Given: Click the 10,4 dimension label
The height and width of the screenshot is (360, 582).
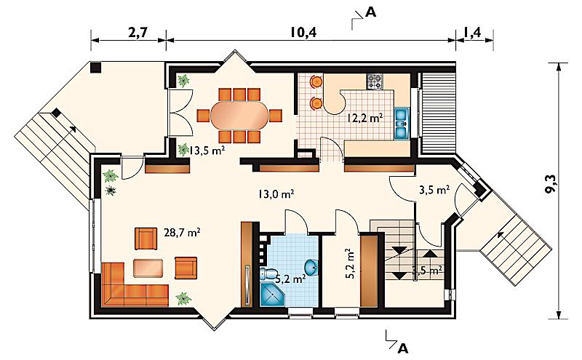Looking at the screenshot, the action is click(x=303, y=32).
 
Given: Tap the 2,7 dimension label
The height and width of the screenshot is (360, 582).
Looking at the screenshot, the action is click(x=137, y=32).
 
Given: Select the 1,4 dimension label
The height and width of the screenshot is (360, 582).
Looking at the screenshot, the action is click(x=471, y=32).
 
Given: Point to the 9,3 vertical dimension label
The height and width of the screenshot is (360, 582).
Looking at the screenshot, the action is click(x=552, y=183).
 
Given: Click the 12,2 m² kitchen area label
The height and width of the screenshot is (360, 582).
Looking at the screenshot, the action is click(x=365, y=118).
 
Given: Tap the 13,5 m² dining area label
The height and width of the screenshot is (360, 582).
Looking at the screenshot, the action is click(x=207, y=151).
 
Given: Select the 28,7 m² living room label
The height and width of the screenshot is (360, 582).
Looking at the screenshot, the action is click(x=183, y=233).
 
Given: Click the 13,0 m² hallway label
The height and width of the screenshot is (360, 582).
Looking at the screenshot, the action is click(x=276, y=193).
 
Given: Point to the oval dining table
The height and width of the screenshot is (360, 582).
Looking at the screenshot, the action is click(x=239, y=116).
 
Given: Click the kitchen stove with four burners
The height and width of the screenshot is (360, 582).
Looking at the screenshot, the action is click(x=375, y=82).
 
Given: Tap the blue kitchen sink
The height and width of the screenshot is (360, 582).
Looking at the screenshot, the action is click(x=402, y=123).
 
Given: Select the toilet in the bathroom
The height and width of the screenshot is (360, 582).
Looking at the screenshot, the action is click(x=268, y=274).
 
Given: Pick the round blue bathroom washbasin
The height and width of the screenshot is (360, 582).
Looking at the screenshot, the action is click(x=311, y=267).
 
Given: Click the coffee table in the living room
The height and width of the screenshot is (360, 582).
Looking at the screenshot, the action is click(x=148, y=268).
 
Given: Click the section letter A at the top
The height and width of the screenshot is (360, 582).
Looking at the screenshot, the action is click(x=370, y=12).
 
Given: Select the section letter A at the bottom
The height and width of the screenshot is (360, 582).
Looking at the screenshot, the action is click(x=403, y=348).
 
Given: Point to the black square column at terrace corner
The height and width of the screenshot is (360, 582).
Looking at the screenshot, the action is click(x=96, y=68).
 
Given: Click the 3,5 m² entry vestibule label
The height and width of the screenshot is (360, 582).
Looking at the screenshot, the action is click(x=434, y=190).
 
